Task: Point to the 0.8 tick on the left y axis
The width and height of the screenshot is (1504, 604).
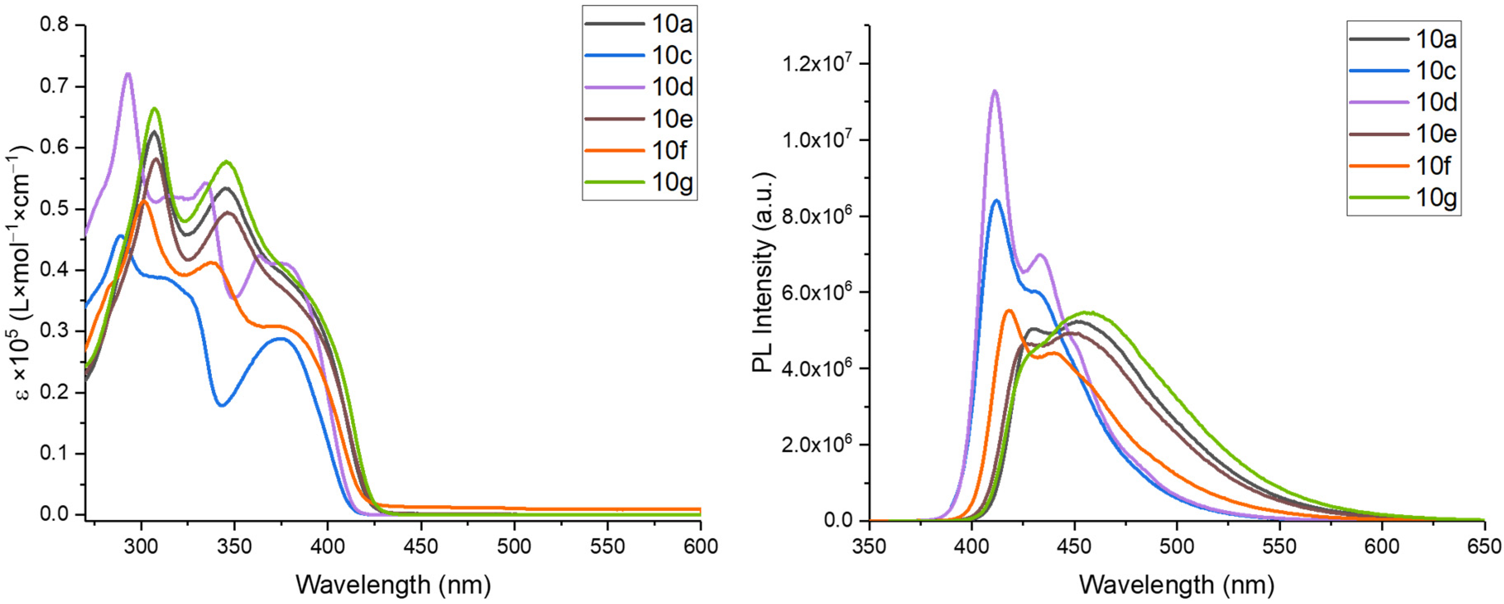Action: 54,25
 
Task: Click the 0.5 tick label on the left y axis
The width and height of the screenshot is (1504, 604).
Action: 54,209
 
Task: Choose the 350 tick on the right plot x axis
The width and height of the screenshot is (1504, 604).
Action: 869,547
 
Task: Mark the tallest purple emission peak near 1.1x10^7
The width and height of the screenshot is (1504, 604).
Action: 995,91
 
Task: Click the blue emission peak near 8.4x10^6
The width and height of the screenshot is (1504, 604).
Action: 997,201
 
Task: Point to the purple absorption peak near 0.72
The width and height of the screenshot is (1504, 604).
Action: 128,73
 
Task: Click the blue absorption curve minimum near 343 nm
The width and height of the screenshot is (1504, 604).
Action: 222,405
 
